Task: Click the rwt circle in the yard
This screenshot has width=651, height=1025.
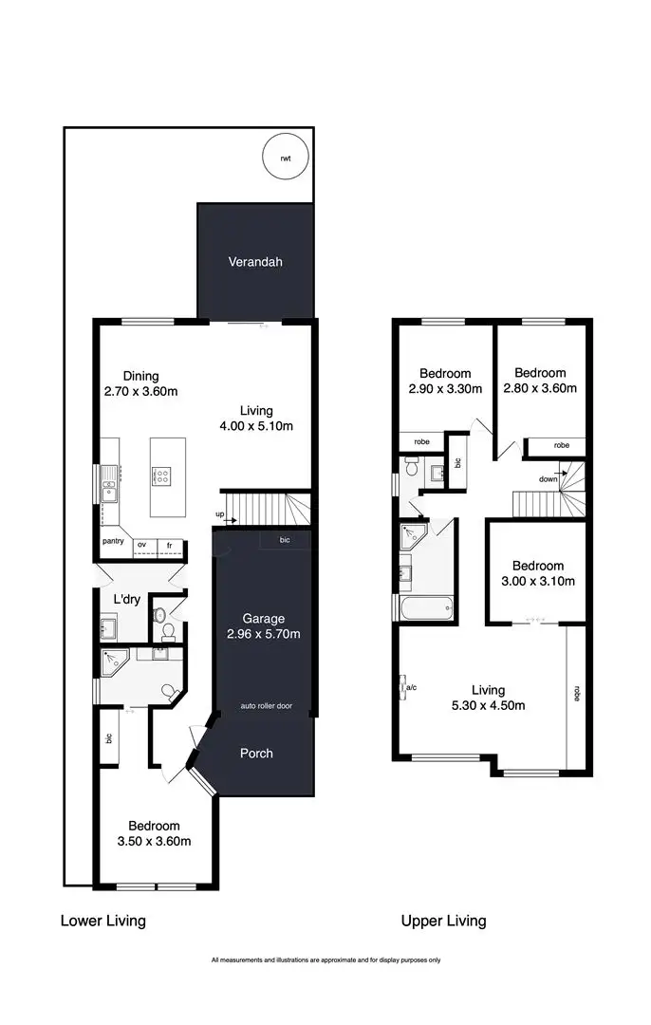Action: tap(286, 158)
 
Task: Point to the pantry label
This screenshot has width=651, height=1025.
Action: tap(113, 545)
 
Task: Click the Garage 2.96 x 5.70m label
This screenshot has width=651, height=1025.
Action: tap(264, 626)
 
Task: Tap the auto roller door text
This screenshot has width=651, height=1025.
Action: tap(265, 707)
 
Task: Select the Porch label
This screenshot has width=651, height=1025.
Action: tap(255, 753)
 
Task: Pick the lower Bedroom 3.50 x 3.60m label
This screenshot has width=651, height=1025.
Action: tap(154, 833)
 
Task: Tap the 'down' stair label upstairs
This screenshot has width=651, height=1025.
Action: tap(549, 479)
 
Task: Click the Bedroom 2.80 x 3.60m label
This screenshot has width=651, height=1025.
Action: tap(539, 381)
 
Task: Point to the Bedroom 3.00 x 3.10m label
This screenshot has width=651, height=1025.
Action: tap(532, 573)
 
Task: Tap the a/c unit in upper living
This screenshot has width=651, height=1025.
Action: tap(406, 686)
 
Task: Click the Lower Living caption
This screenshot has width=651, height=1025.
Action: tap(102, 921)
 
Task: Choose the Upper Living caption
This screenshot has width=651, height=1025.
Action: tap(443, 921)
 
